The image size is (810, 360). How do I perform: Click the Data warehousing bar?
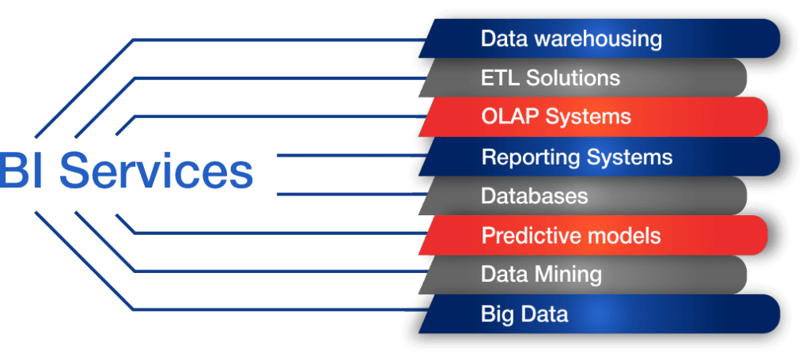pos(600,39)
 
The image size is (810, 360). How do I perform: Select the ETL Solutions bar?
pos(583,78)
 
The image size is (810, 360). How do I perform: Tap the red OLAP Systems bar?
pos(593,117)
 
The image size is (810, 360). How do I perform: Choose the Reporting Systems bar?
pos(600,157)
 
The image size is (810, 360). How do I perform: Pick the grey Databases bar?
pos(583,195)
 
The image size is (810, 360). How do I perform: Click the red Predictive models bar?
pos(593,236)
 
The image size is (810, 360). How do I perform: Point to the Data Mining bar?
pos(583,275)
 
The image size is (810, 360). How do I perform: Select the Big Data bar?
pos(600,313)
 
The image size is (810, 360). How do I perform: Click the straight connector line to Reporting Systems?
pos(350,155)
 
